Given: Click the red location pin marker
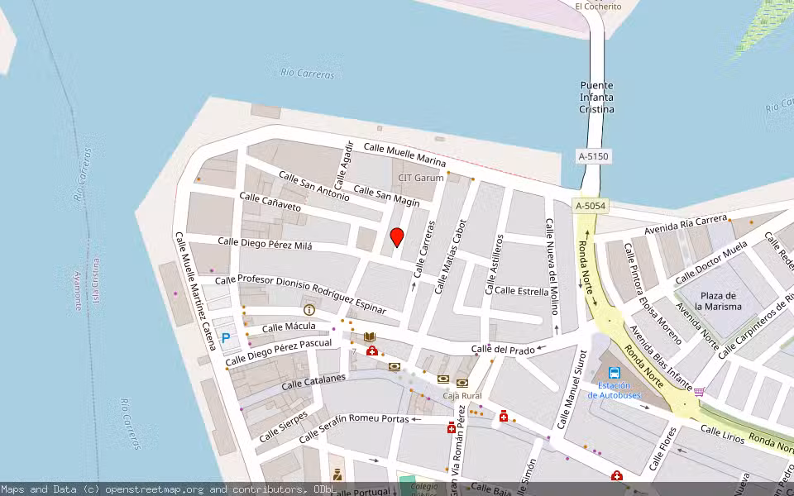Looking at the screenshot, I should click(397, 237).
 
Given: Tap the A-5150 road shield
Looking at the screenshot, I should click(593, 155).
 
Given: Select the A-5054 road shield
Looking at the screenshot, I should click(591, 206).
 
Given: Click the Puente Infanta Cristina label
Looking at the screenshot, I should click(596, 97).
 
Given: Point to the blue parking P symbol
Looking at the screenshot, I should click(225, 338).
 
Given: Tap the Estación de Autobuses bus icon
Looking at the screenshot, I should click(615, 374).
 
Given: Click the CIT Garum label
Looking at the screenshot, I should click(421, 178).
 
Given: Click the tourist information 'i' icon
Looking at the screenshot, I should click(309, 310).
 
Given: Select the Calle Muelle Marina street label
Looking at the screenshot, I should click(404, 154).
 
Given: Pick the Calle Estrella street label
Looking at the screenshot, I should click(521, 291).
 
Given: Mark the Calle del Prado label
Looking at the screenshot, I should click(503, 350).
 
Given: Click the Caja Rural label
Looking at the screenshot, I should click(462, 395).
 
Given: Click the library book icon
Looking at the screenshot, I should click(370, 337).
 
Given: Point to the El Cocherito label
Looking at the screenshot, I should click(598, 6).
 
